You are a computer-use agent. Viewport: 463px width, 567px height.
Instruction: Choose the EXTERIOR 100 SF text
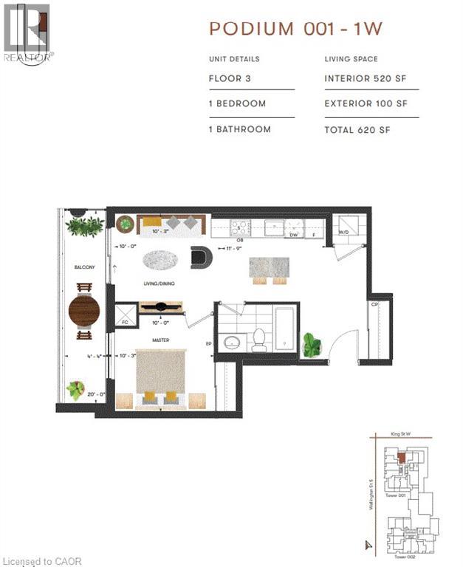(366, 104)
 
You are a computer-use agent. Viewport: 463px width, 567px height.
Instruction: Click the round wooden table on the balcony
(83, 312)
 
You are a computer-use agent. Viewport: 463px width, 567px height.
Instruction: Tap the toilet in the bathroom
(259, 340)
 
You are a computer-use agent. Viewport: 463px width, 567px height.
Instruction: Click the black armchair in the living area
(201, 256)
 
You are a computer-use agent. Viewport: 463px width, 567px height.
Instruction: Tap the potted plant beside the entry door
(312, 345)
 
